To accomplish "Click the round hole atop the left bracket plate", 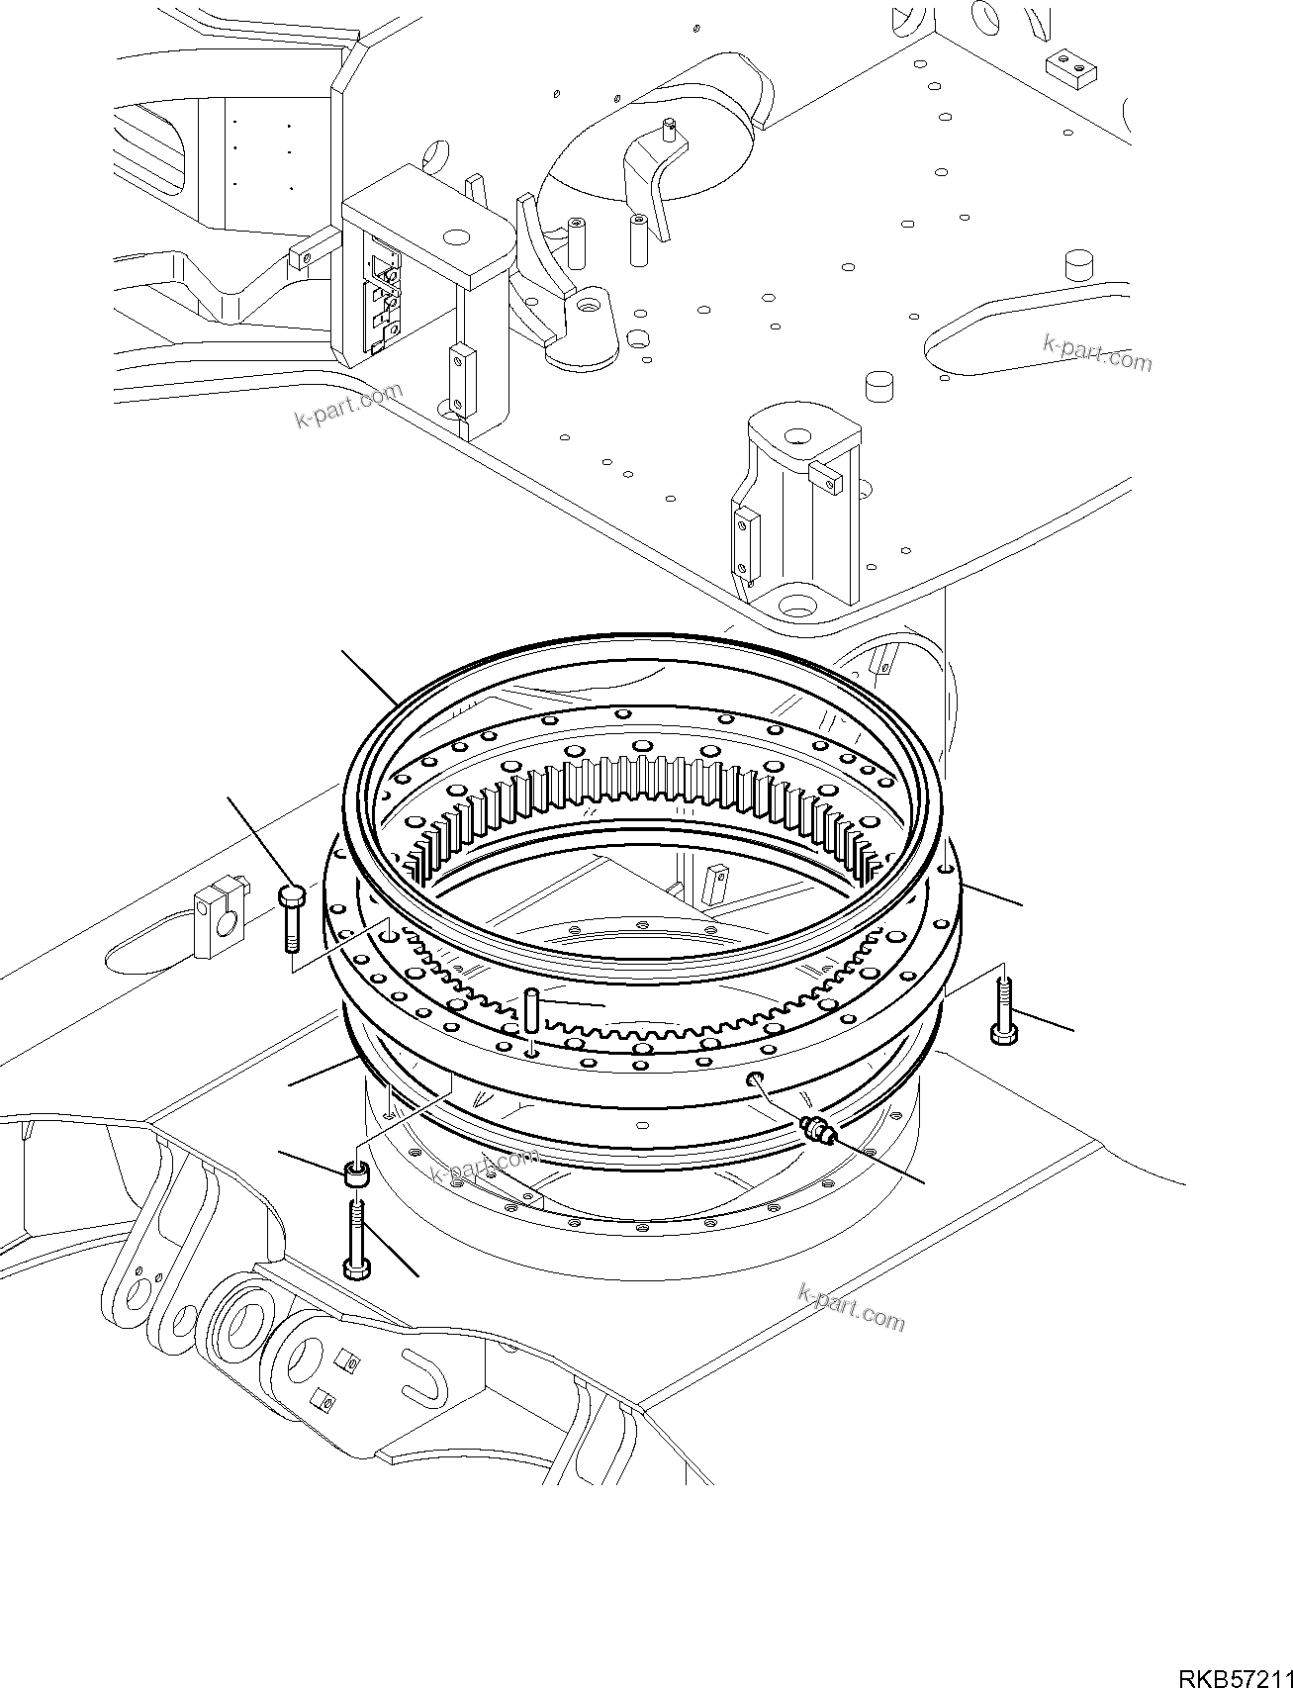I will (x=455, y=237).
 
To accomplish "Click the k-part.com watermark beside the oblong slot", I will (x=1098, y=353).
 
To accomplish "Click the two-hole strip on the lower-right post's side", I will (x=744, y=539).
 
